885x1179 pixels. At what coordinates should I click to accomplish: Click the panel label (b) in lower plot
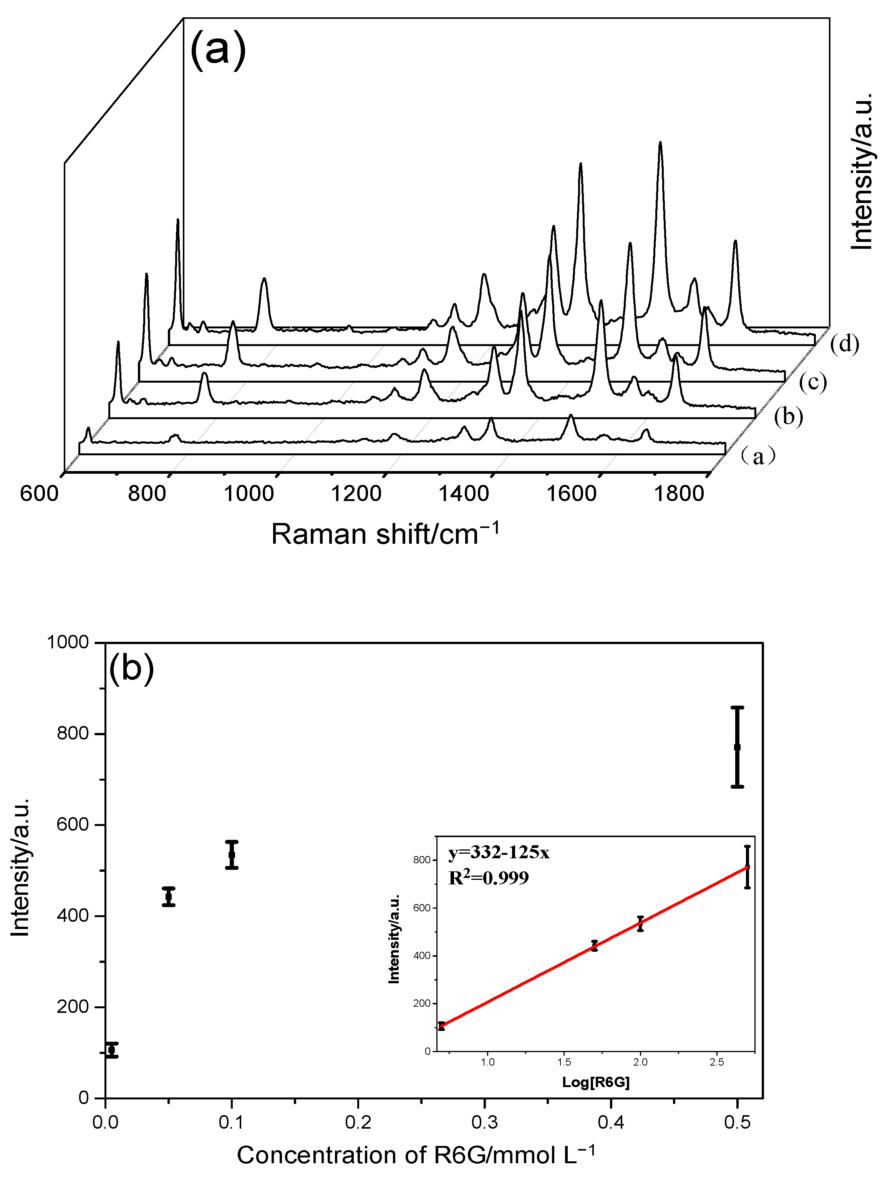131,667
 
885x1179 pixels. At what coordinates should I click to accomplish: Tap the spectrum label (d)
845,344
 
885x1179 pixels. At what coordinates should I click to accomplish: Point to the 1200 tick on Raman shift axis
356,494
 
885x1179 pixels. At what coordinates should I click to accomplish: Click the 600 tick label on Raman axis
39,494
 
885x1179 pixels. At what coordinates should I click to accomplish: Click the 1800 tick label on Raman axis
678,494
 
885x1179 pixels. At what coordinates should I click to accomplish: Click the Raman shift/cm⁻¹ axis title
385,534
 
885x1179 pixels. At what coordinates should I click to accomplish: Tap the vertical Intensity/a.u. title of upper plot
862,171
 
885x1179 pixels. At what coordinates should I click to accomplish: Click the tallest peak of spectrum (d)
660,143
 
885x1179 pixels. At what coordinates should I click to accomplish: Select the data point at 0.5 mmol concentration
737,747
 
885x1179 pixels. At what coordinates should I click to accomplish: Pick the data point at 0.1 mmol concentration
232,854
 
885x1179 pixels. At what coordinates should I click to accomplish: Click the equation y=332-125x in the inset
499,853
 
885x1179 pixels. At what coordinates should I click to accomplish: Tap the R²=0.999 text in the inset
488,878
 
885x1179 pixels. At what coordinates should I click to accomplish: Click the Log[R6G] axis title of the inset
596,1082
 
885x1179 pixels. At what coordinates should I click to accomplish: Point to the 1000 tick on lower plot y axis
68,642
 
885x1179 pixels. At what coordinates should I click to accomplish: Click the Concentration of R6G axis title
415,1156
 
